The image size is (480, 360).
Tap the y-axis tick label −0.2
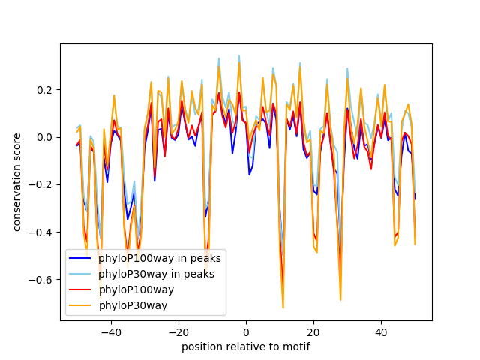(x=42, y=184)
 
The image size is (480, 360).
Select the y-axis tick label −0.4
(x=42, y=232)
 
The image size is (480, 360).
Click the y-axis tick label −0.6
(x=42, y=279)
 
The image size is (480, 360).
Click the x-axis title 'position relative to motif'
(x=245, y=346)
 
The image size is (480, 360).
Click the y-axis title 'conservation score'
(x=16, y=182)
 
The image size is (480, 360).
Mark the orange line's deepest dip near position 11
(x=283, y=307)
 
